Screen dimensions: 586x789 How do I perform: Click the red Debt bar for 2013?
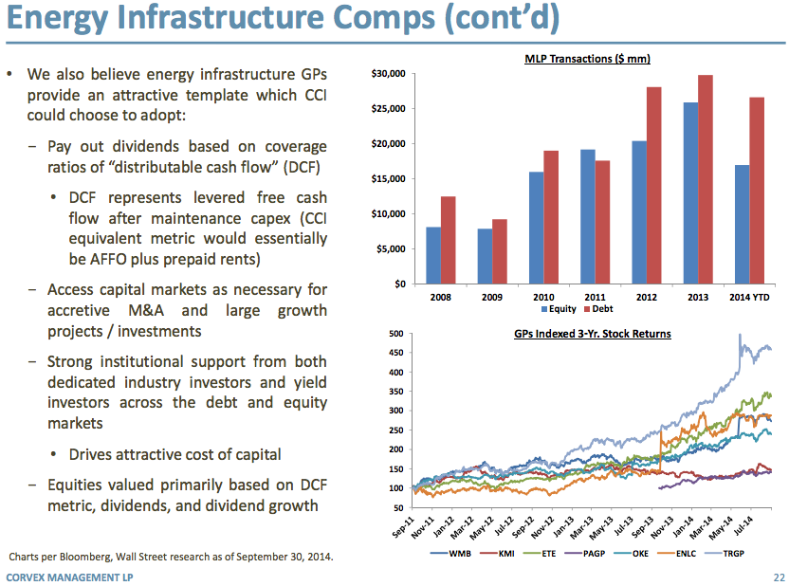click(705, 179)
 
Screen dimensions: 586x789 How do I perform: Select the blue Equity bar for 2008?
click(433, 255)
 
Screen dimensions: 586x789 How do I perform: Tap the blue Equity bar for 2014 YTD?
click(742, 224)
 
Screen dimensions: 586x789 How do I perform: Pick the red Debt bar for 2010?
click(551, 217)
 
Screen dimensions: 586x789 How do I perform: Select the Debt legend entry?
click(602, 309)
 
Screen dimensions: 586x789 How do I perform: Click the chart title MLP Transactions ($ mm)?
click(587, 59)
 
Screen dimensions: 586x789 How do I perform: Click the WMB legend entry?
click(457, 551)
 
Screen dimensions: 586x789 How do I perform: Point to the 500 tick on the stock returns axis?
click(395, 334)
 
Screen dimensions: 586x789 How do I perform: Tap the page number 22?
click(779, 577)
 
